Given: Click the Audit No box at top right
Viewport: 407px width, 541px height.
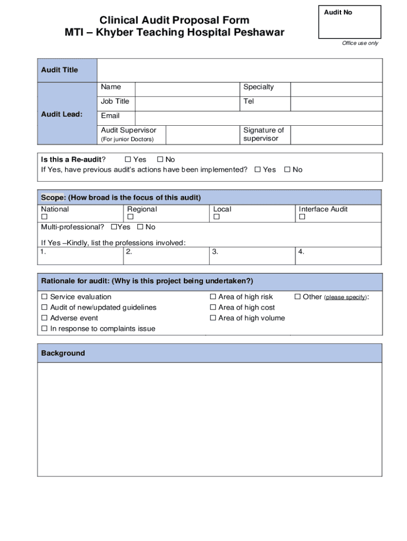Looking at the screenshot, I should (349, 22).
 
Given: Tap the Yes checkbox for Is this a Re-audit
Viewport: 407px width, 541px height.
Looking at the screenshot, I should (127, 160).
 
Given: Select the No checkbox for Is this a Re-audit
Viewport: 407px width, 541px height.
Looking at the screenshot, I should (160, 160).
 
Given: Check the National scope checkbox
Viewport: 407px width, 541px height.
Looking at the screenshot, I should (44, 217).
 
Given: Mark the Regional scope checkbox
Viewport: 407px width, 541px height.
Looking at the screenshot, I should (130, 217).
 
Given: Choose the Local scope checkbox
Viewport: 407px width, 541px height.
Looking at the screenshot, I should (216, 217).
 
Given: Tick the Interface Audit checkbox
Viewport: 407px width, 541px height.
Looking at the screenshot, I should (302, 217).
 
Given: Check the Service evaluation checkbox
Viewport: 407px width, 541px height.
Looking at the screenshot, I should (44, 297).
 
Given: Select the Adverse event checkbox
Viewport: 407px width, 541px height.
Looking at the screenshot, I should (44, 318).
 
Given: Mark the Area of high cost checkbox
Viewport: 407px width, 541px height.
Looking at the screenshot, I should (213, 307).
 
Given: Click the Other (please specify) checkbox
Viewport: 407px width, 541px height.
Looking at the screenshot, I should (297, 297).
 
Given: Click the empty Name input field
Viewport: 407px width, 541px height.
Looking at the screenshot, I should (187, 89).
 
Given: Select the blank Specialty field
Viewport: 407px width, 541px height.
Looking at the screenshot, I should (336, 89).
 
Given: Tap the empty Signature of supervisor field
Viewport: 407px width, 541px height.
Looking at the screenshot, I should (336, 135).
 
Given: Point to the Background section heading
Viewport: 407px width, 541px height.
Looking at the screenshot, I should (63, 353).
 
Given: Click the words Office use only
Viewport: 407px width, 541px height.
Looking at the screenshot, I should (360, 43).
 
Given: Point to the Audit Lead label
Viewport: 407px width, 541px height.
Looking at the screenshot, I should (62, 113).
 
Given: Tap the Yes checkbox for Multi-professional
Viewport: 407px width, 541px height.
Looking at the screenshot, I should (114, 227).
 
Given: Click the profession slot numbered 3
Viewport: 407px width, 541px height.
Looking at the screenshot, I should (253, 256).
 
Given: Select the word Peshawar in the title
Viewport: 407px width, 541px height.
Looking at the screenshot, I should (257, 33).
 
